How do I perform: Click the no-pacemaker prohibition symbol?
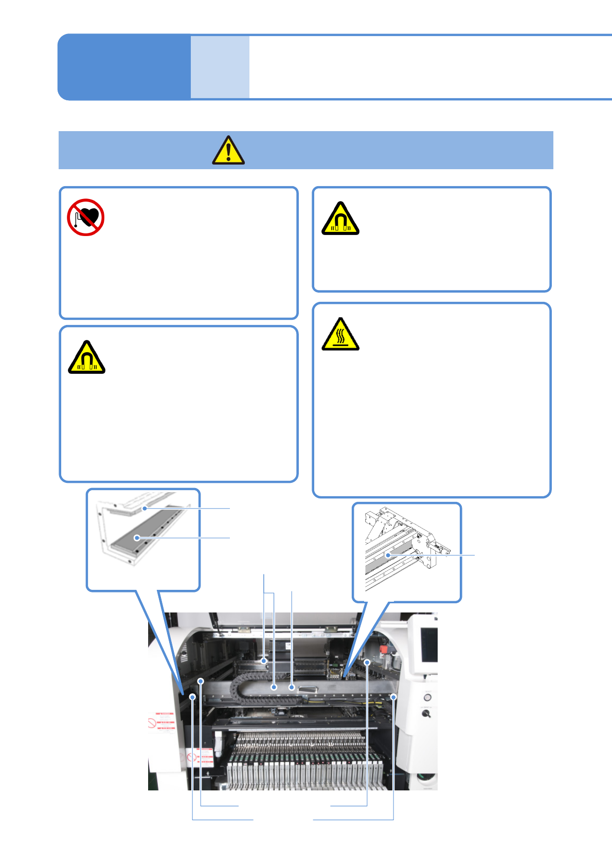tap(86, 218)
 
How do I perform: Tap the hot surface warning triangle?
tap(340, 335)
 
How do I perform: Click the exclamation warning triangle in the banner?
tap(228, 151)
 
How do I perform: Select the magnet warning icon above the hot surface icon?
tap(340, 219)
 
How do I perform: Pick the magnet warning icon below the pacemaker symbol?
tap(86, 358)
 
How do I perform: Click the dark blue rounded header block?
tap(124, 67)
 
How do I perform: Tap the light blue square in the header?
tap(220, 67)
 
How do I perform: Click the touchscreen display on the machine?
tap(429, 645)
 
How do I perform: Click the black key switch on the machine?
tap(426, 714)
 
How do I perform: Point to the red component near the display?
tap(384, 650)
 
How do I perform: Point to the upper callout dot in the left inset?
tap(145, 508)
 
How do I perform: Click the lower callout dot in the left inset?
tap(137, 538)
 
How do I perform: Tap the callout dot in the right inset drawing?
tap(388, 555)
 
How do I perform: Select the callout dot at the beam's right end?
tap(393, 697)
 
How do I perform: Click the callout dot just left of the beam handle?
tap(292, 687)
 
